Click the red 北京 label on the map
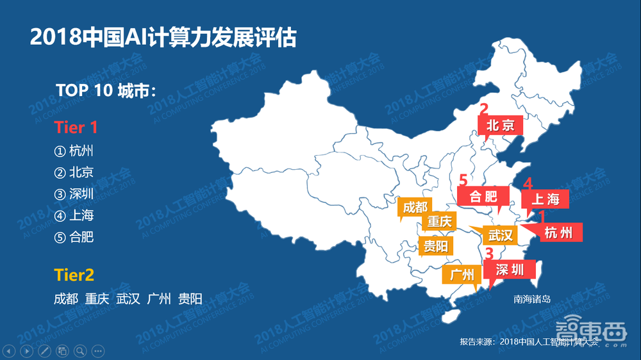point(501,124)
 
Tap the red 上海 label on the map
point(545,199)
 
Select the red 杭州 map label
point(558,232)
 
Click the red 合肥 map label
point(483,196)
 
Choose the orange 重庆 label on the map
point(440,222)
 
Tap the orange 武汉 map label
point(501,235)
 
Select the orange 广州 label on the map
point(462,275)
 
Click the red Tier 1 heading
point(76,127)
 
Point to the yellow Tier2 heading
point(74,275)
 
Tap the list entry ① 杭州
point(74,151)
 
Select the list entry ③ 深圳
point(74,194)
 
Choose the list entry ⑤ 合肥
point(74,237)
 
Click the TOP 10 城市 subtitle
point(106,90)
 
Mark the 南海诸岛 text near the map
point(532,299)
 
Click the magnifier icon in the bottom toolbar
point(80,350)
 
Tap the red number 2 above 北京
point(484,109)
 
